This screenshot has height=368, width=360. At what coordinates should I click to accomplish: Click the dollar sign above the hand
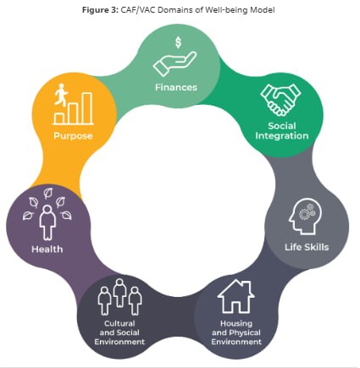coord(178,42)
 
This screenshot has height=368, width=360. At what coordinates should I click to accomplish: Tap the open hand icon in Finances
coord(174,63)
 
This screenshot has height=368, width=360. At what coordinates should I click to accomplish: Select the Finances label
coord(176,87)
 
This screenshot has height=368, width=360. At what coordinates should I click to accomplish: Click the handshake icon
coord(280,100)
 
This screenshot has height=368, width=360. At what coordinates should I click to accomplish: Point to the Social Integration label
coord(282,131)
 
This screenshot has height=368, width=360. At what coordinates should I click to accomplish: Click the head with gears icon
coord(306,217)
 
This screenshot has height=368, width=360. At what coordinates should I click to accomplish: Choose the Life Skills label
coord(307,247)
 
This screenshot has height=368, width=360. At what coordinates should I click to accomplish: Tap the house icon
coord(235,296)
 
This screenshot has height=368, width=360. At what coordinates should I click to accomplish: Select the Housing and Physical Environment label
coord(236,332)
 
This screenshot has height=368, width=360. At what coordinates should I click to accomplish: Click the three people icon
coord(119,297)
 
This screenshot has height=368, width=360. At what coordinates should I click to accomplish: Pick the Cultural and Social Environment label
coord(119,332)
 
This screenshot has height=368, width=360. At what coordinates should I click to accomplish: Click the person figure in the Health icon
coord(47,222)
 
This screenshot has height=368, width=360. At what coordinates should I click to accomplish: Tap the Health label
coord(47,250)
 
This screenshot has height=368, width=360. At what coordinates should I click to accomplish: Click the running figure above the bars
coord(61,95)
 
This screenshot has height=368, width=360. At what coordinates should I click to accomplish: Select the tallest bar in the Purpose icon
coord(87,108)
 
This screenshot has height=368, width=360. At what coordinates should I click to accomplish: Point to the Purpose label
coord(73,135)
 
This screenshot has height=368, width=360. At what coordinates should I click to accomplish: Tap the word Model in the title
coord(265,10)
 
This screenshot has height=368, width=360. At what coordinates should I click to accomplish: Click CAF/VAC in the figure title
coord(138,10)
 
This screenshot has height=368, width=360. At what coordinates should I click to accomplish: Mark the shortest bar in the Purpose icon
coord(59,118)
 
